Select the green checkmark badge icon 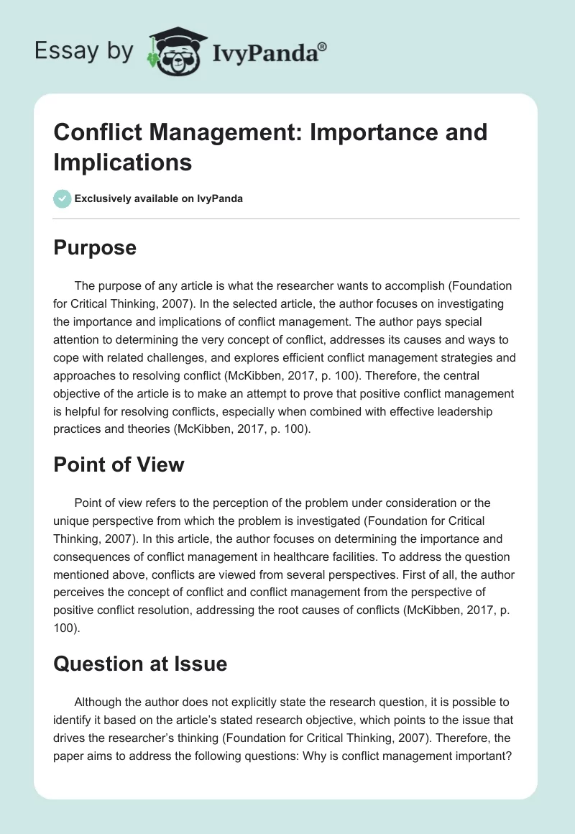(62, 199)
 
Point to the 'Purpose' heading (95, 247)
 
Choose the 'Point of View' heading (119, 464)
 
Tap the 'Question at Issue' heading (140, 664)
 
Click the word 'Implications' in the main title (123, 162)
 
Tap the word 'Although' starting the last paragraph (101, 701)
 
